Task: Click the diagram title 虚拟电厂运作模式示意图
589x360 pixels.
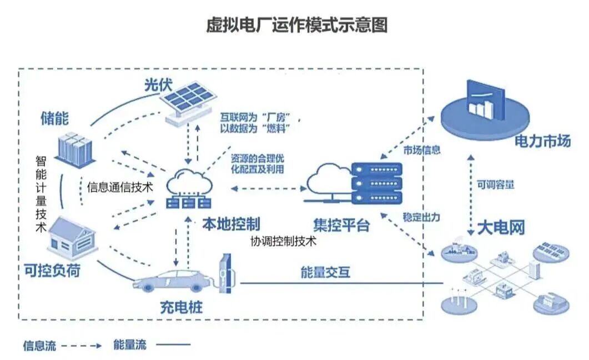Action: [297, 25]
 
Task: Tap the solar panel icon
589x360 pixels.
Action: [188, 102]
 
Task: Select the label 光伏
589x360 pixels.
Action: [158, 86]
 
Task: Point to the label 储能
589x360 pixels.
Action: [55, 118]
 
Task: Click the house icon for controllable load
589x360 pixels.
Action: [72, 237]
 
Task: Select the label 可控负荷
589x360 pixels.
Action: [52, 270]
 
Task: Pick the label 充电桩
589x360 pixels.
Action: [182, 307]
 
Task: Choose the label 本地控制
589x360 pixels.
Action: [231, 224]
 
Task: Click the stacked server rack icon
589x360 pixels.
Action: [376, 183]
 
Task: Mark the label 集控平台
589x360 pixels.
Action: [341, 225]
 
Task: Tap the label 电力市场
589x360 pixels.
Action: [542, 141]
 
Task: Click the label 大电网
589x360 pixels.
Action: [501, 228]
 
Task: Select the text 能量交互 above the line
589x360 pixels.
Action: [326, 272]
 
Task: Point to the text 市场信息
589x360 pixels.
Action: [422, 151]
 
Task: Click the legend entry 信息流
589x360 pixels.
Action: [39, 346]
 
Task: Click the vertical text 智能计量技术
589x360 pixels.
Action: [41, 194]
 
